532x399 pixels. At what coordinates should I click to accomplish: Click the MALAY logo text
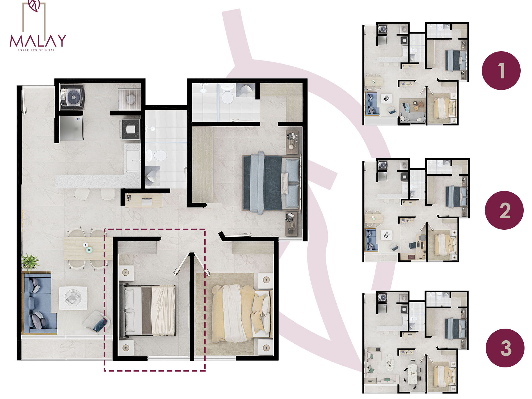[38, 41]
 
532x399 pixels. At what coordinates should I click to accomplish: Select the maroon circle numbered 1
[501, 71]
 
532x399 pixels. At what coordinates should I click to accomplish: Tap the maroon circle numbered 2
[504, 210]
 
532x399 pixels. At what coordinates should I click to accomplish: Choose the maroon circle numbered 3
[505, 348]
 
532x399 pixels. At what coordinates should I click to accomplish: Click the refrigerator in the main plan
[71, 128]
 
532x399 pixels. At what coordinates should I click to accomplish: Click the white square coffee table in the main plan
[73, 298]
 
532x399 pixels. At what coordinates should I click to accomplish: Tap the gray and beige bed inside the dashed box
[147, 311]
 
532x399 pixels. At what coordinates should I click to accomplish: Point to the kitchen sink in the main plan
[133, 160]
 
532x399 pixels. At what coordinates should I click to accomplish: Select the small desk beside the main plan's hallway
[144, 200]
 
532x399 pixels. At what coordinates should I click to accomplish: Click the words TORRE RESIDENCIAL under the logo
[36, 50]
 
